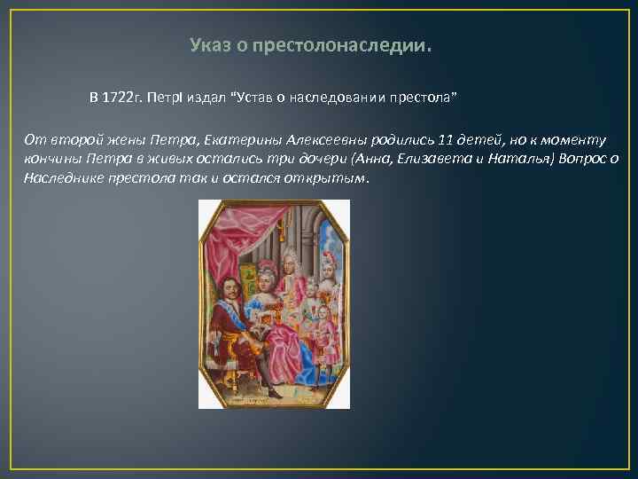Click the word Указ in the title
(210, 45)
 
